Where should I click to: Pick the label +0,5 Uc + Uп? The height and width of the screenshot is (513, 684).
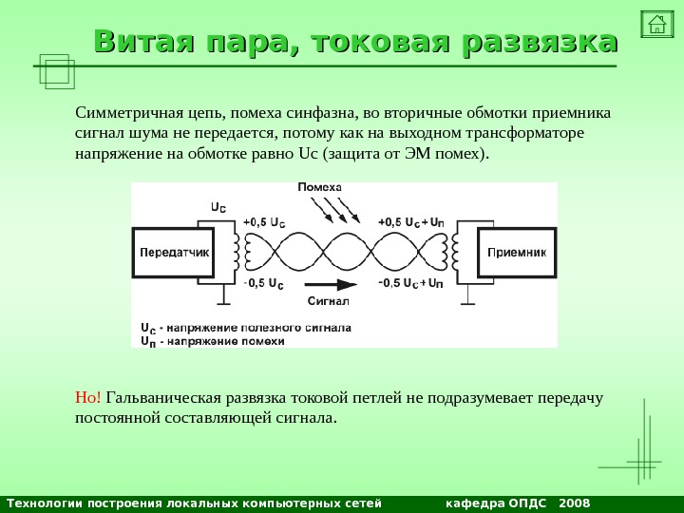[410, 222]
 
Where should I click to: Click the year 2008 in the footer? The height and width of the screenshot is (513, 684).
[575, 503]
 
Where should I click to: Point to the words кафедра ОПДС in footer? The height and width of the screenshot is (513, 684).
[496, 503]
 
